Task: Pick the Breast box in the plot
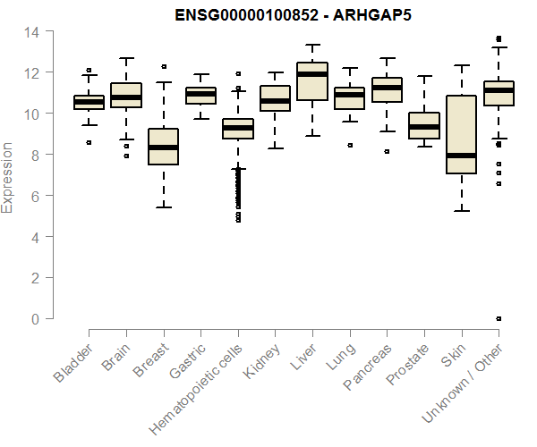click(x=163, y=148)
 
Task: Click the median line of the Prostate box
click(x=423, y=127)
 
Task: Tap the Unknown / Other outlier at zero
click(x=499, y=319)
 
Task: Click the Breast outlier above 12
click(x=164, y=66)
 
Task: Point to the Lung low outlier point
click(x=349, y=145)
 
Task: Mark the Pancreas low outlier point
click(x=387, y=152)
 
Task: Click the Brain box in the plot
click(x=125, y=95)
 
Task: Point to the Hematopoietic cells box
click(x=237, y=128)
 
